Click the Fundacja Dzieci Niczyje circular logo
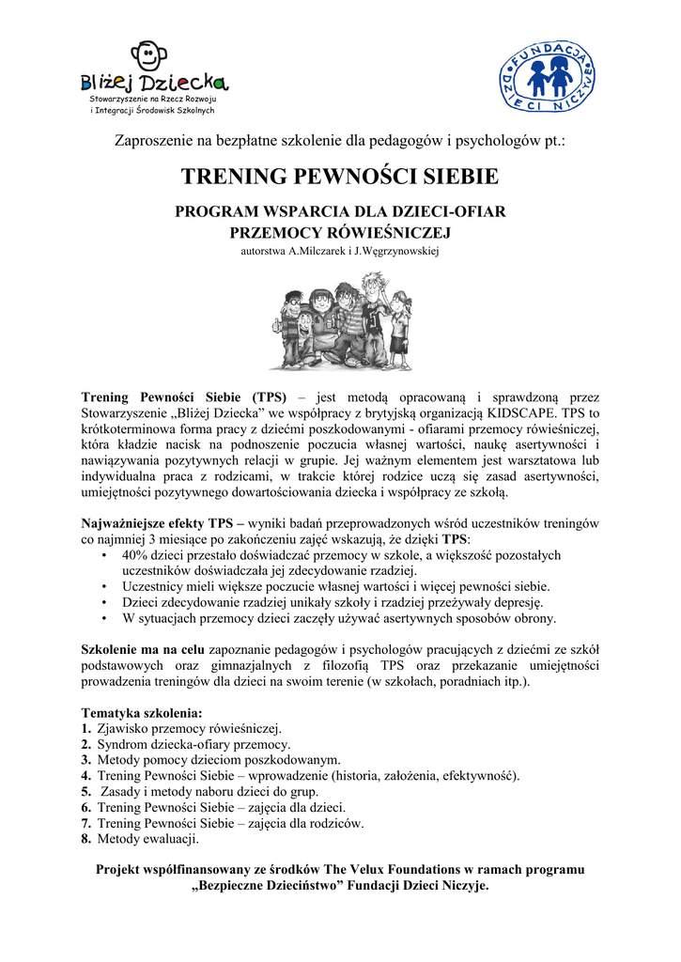(x=545, y=77)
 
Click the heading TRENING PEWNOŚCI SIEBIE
(x=340, y=177)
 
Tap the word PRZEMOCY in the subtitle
(x=271, y=231)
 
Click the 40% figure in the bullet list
(x=137, y=555)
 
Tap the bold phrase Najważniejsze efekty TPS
(x=156, y=522)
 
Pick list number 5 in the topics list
(x=86, y=791)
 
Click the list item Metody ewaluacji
(x=148, y=839)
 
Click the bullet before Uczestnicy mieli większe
(x=102, y=586)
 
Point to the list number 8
(x=86, y=839)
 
